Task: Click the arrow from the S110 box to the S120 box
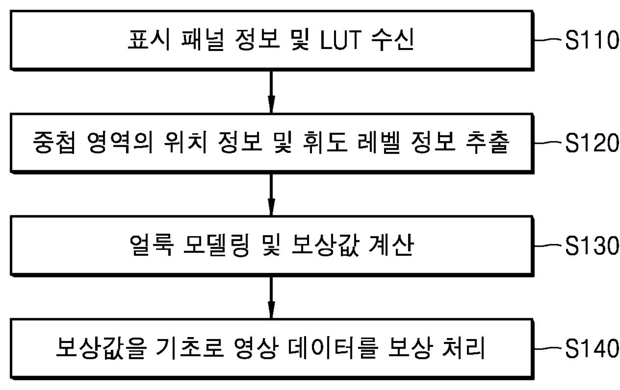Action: [x=271, y=93]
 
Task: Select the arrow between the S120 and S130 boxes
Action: [x=271, y=195]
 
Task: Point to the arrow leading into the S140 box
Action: [x=271, y=298]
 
